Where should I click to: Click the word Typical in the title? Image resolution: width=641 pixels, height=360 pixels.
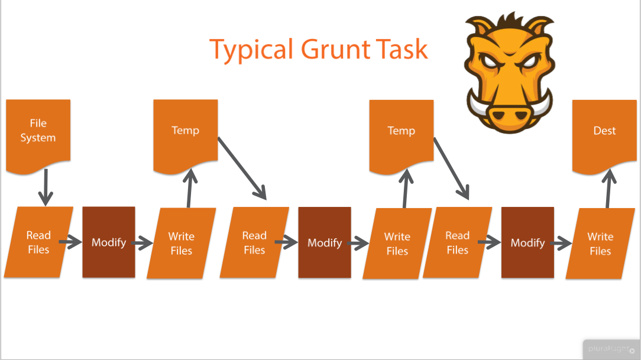tap(248, 50)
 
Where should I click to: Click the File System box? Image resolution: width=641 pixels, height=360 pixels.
tap(38, 133)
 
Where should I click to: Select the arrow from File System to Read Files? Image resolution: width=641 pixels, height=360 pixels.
tap(45, 189)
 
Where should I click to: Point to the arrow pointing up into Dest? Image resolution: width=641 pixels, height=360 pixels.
tap(607, 189)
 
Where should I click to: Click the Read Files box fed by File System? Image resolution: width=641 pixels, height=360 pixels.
tap(38, 242)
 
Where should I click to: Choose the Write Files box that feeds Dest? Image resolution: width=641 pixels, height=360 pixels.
tap(600, 243)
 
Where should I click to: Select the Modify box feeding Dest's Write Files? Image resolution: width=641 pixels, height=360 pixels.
tap(527, 242)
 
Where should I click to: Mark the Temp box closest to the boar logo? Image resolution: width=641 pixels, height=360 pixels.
tap(401, 133)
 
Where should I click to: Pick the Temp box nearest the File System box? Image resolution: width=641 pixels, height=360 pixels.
tap(185, 133)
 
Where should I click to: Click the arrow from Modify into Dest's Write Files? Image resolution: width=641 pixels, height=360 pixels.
tap(562, 242)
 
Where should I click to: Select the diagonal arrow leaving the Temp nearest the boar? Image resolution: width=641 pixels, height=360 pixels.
tap(451, 169)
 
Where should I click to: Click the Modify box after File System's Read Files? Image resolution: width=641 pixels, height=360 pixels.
tap(109, 242)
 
